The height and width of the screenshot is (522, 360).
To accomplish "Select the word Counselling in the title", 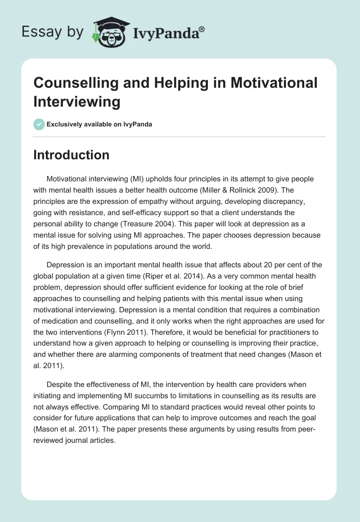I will (x=76, y=83).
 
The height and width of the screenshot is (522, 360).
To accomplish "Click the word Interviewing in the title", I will (x=76, y=101).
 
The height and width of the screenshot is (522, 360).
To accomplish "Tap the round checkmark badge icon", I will (x=39, y=124).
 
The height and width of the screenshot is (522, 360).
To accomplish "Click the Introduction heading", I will (x=71, y=155).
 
